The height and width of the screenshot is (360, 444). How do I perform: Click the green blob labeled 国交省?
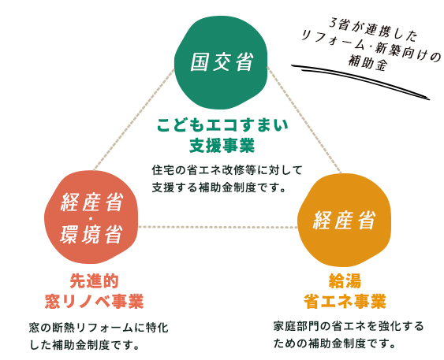click(x=222, y=62)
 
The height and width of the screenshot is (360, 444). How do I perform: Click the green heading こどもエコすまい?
click(x=222, y=125)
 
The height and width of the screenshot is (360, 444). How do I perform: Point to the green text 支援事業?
click(x=222, y=146)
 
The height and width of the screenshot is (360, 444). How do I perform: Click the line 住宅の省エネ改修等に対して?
click(x=226, y=169)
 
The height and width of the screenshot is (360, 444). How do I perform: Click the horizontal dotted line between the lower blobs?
click(x=217, y=227)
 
